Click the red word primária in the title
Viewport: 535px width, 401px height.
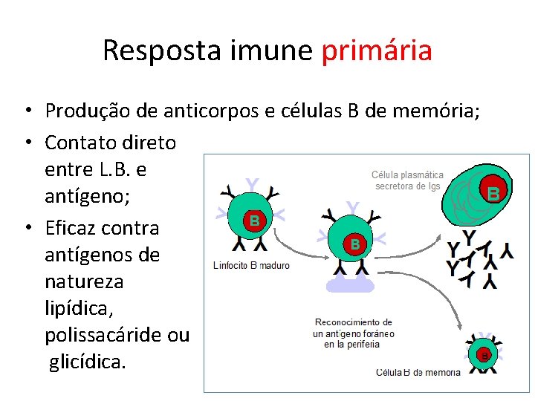pyautogui.click(x=377, y=50)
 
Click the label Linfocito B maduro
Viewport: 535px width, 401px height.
pyautogui.click(x=251, y=265)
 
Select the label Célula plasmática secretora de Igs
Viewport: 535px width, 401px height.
pyautogui.click(x=407, y=180)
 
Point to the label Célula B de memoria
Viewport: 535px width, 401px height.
pyautogui.click(x=418, y=373)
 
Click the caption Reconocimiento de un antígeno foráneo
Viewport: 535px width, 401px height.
pyautogui.click(x=353, y=333)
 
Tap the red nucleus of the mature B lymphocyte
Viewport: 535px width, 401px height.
pyautogui.click(x=254, y=221)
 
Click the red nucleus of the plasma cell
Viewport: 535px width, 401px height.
pyautogui.click(x=492, y=193)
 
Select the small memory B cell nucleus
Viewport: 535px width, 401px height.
pyautogui.click(x=484, y=356)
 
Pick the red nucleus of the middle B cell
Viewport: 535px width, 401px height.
pyautogui.click(x=355, y=243)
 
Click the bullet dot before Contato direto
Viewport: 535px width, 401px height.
pyautogui.click(x=25, y=142)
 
